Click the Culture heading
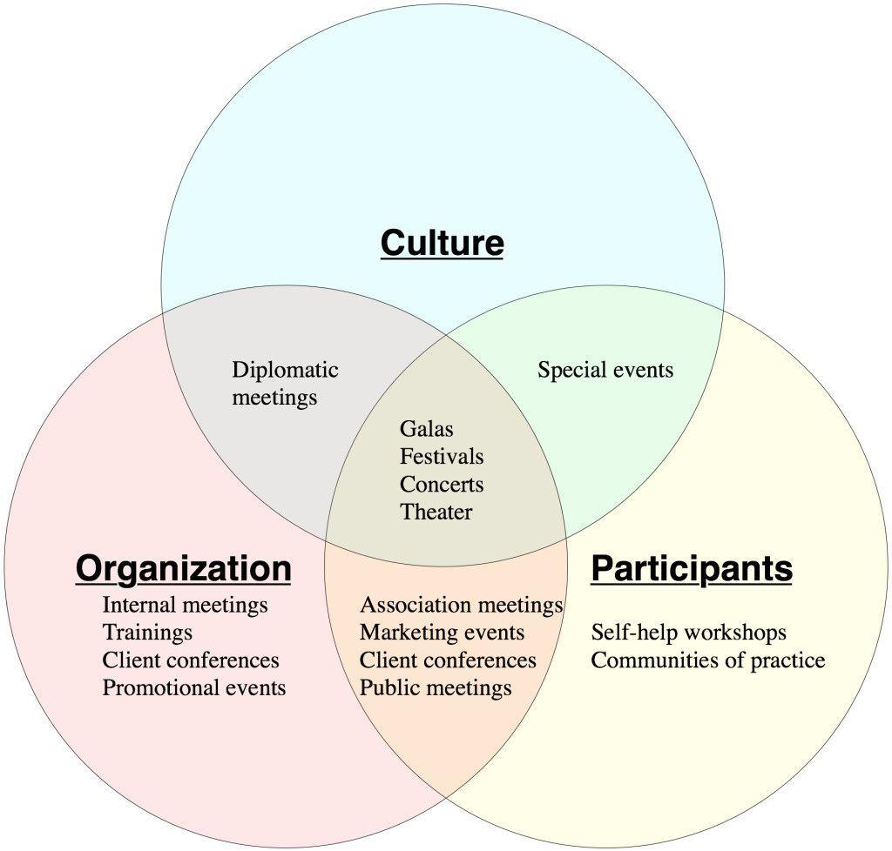442,243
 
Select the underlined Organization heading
183,568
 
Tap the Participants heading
692,568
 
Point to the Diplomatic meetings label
285,384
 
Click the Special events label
605,370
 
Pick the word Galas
426,429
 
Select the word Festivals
441,457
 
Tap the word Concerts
441,485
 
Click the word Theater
436,513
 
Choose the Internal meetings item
185,604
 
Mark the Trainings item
147,632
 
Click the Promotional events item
193,687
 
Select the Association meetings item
461,604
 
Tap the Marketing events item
442,632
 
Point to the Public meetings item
436,687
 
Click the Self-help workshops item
688,632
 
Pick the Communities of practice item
707,660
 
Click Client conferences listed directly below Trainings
191,660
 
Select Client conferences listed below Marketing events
448,660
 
